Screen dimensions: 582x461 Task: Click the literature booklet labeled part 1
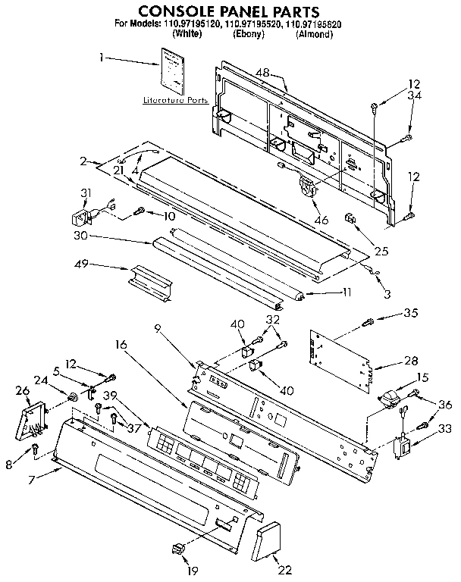(x=172, y=68)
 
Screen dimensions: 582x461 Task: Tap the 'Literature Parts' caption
(x=175, y=99)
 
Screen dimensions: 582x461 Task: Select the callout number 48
(x=263, y=73)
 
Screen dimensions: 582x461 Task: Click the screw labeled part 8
(x=36, y=451)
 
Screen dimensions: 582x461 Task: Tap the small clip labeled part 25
(x=350, y=219)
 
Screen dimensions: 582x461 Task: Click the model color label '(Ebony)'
(x=249, y=34)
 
